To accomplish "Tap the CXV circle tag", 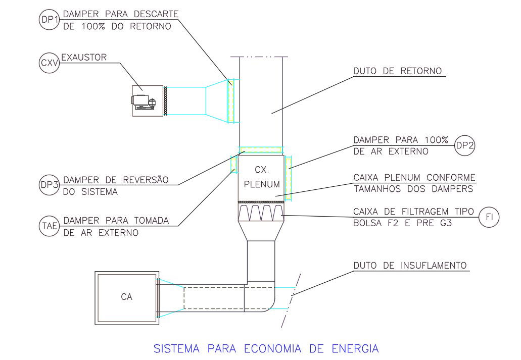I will (x=49, y=63).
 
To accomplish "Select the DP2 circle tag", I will (x=463, y=145).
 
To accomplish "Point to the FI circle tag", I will (x=489, y=218).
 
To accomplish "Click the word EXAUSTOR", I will (x=84, y=57).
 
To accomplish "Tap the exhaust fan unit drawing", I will (x=148, y=100).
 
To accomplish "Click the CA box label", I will (x=126, y=297).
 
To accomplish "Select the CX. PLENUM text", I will (x=261, y=177).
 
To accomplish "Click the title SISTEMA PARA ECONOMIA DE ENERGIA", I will (x=266, y=348).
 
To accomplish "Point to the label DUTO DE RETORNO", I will (x=397, y=71).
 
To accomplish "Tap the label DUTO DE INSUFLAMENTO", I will (x=409, y=266).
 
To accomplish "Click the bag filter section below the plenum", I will (x=261, y=213).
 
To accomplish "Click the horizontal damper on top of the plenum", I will (x=261, y=149).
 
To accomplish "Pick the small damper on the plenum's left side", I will (x=234, y=164).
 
